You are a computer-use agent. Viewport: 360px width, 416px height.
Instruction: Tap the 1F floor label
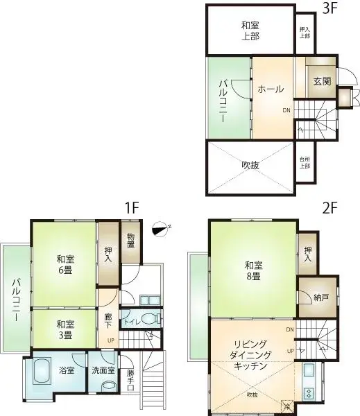point(132,207)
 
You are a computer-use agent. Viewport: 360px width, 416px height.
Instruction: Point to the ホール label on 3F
point(270,89)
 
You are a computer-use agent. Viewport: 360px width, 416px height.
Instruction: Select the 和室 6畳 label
point(65,264)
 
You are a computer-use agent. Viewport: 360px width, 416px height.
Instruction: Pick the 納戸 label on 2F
point(320,298)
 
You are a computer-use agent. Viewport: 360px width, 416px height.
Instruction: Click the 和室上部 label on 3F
point(250,31)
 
